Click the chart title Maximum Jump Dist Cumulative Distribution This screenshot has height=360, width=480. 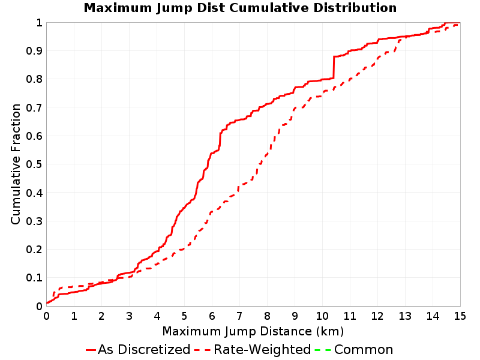pyautogui.click(x=240, y=8)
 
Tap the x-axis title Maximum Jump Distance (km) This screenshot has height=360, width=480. pyautogui.click(x=253, y=331)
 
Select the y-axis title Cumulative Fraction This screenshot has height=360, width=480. pyautogui.click(x=16, y=164)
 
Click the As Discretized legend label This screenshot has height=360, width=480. pyautogui.click(x=144, y=350)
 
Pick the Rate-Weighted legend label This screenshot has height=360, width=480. pyautogui.click(x=262, y=350)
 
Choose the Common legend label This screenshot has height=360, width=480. pyautogui.click(x=364, y=350)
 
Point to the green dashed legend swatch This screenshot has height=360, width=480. pyautogui.click(x=323, y=350)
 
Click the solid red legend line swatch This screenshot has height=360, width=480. pyautogui.click(x=91, y=350)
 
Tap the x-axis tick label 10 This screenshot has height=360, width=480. pyautogui.click(x=322, y=316)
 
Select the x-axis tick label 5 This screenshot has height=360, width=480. pyautogui.click(x=184, y=316)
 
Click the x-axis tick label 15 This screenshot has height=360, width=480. pyautogui.click(x=460, y=316)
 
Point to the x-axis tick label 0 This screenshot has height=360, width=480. pyautogui.click(x=47, y=316)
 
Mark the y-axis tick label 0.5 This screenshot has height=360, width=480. pyautogui.click(x=34, y=164)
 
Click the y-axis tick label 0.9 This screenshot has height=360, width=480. pyautogui.click(x=34, y=50)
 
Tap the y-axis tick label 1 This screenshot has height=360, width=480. pyautogui.click(x=39, y=22)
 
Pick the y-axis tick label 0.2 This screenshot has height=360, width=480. pyautogui.click(x=34, y=249)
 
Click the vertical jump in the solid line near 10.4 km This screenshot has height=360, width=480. pyautogui.click(x=334, y=67)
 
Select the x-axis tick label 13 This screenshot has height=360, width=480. pyautogui.click(x=404, y=316)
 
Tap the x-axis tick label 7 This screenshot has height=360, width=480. pyautogui.click(x=239, y=316)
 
